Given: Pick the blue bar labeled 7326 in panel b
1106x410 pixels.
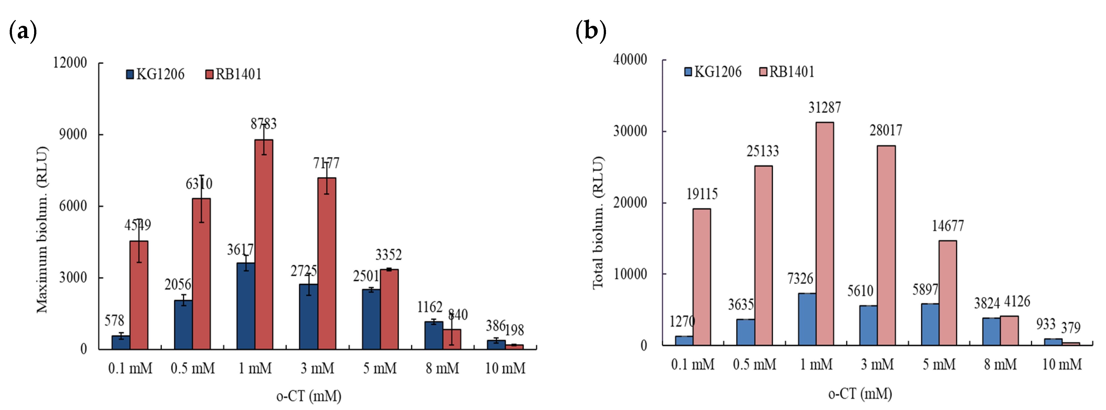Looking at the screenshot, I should pos(807,319).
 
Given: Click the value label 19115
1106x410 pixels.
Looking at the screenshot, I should pos(701,194).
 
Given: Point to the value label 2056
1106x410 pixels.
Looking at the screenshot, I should pos(178,284).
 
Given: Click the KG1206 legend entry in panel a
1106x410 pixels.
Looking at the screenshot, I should pos(155,74).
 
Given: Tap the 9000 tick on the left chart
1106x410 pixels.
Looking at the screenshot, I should pos(73,134).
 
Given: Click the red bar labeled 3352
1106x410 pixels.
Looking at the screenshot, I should pos(389,309).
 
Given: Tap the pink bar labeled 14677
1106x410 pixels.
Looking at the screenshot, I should pos(948,293).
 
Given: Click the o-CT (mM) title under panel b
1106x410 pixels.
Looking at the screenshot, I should pos(860,394).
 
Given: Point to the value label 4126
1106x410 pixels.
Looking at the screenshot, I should pos(1017,301).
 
